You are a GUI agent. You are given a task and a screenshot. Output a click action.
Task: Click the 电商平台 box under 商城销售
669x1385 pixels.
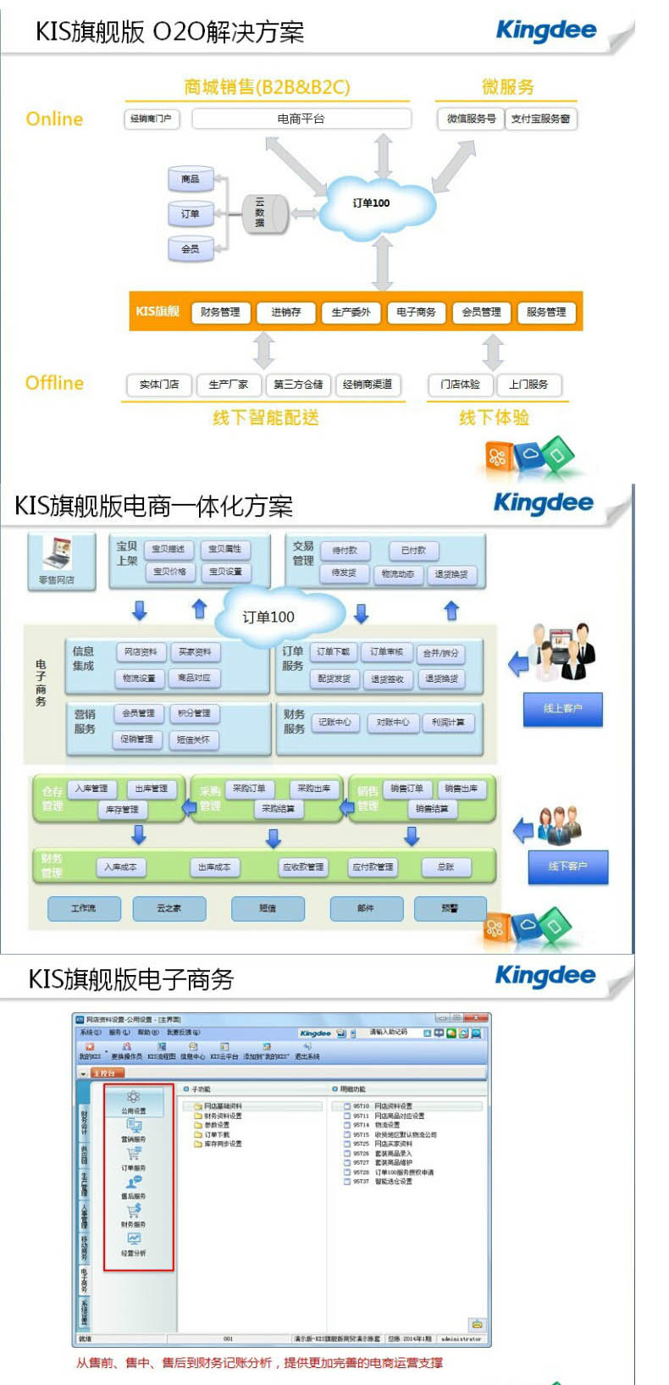[x=301, y=119]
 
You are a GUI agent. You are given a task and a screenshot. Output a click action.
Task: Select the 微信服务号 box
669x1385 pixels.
[x=471, y=119]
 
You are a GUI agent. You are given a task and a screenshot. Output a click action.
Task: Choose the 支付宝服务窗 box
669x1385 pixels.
[x=540, y=119]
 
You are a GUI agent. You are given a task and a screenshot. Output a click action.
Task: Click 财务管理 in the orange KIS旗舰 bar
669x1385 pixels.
[x=220, y=313]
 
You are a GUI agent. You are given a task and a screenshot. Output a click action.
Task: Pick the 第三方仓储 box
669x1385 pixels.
[x=298, y=385]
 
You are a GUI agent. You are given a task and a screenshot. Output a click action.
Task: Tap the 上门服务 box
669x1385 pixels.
[x=528, y=385]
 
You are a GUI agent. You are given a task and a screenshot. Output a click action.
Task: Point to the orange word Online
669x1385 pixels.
[x=54, y=119]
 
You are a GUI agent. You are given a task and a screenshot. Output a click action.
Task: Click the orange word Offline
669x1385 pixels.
[x=54, y=383]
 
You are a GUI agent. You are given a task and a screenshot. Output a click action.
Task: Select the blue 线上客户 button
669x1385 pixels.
[x=563, y=708]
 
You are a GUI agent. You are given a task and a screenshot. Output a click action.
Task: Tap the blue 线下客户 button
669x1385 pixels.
[x=567, y=867]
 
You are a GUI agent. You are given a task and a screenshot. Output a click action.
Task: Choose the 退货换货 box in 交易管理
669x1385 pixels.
[x=451, y=574]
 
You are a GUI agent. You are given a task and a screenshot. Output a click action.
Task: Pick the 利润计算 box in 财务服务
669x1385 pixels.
[x=448, y=723]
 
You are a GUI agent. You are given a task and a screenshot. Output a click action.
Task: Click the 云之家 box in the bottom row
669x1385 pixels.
[x=169, y=908]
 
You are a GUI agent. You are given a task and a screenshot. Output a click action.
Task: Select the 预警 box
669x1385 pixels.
[x=450, y=908]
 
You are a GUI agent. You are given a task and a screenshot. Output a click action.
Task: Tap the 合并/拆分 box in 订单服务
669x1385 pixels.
[x=441, y=653]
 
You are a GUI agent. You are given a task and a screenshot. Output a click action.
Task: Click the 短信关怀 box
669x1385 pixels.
[x=193, y=740]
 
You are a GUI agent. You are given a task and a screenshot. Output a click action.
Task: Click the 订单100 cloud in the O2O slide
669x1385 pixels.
[x=372, y=204]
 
